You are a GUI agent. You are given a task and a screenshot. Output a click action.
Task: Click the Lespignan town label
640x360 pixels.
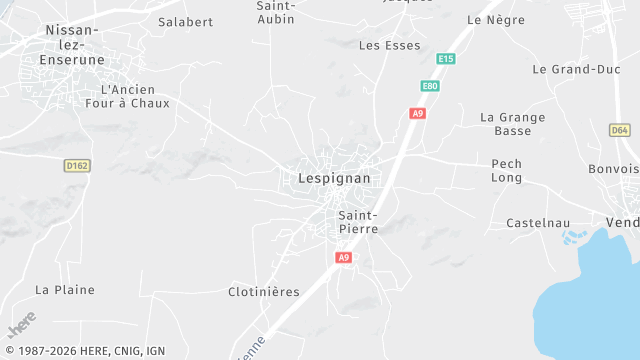334,178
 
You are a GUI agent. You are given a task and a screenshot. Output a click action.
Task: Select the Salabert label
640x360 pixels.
185,21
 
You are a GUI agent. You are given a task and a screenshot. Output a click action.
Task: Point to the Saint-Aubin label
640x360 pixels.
275,11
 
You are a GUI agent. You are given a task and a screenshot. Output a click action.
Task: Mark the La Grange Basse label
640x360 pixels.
513,124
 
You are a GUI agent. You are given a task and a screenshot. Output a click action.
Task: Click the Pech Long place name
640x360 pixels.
506,170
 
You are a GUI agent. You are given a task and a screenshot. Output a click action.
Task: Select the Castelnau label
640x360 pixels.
538,222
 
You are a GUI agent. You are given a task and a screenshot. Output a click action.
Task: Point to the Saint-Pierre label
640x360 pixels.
357,221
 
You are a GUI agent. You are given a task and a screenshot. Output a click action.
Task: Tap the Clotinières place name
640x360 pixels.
264,291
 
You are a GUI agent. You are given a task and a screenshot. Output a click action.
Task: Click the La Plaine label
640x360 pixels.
65,289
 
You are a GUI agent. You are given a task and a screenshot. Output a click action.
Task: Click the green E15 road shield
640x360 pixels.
446,59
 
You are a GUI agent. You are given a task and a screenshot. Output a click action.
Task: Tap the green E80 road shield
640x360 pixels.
430,86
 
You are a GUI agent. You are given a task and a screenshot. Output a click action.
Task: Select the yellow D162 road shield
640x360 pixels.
77,165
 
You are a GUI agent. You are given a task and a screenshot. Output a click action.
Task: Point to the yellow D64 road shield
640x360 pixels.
620,130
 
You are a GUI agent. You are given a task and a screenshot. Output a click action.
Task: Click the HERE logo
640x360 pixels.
21,325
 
